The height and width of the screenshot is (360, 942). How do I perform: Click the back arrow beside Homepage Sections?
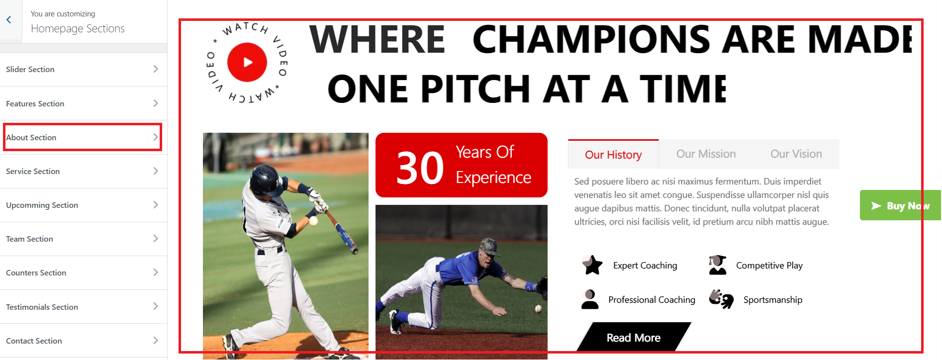tap(8, 20)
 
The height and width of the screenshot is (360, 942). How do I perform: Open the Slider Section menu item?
tap(84, 69)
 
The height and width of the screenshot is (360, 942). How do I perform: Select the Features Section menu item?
tap(84, 103)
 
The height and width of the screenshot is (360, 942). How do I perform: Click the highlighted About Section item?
tap(83, 137)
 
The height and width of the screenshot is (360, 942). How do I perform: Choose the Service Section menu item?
tap(84, 171)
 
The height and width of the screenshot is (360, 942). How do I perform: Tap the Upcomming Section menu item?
tap(84, 205)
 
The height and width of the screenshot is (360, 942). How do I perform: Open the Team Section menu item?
tap(84, 239)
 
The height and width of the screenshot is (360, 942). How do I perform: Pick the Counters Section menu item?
tap(84, 272)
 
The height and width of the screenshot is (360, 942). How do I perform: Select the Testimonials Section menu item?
tap(84, 307)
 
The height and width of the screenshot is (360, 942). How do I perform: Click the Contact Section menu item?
tap(84, 341)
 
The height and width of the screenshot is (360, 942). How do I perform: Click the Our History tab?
tap(613, 155)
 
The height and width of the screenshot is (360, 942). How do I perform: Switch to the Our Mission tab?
tap(706, 154)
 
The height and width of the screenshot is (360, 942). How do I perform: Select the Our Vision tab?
tap(796, 154)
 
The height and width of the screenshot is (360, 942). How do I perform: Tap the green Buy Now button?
tap(900, 205)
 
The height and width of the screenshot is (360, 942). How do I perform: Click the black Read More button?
tap(634, 338)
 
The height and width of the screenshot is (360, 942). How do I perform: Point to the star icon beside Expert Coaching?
tap(592, 265)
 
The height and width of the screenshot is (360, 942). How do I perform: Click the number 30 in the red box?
tap(420, 168)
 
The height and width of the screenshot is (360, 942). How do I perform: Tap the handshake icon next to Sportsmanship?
tap(721, 299)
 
